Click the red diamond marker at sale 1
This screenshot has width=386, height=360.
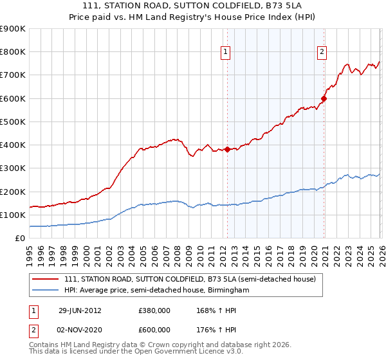[227, 150]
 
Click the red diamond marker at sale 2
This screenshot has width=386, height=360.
[324, 98]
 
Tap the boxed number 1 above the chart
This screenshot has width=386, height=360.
[226, 53]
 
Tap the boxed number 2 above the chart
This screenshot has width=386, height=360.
[322, 53]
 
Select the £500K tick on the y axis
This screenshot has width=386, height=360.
[13, 122]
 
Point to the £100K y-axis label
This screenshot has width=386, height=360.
[13, 215]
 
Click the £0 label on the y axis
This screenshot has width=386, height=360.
[19, 238]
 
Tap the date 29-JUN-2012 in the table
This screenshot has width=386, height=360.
[80, 310]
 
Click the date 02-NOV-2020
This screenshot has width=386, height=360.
[80, 330]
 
